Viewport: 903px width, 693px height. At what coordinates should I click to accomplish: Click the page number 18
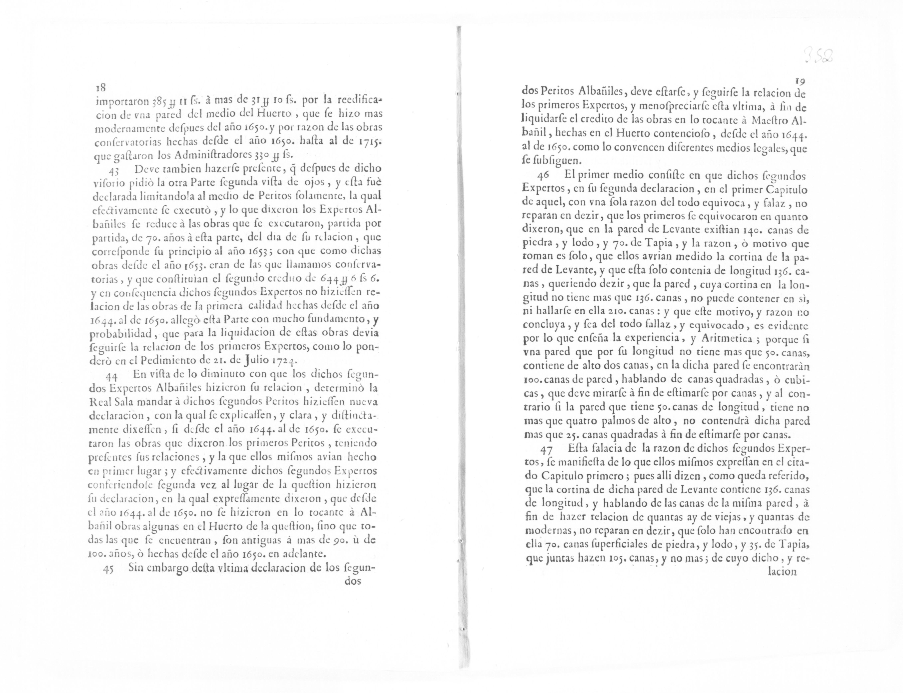(101, 87)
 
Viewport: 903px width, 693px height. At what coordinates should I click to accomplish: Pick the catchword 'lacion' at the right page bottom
(782, 571)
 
